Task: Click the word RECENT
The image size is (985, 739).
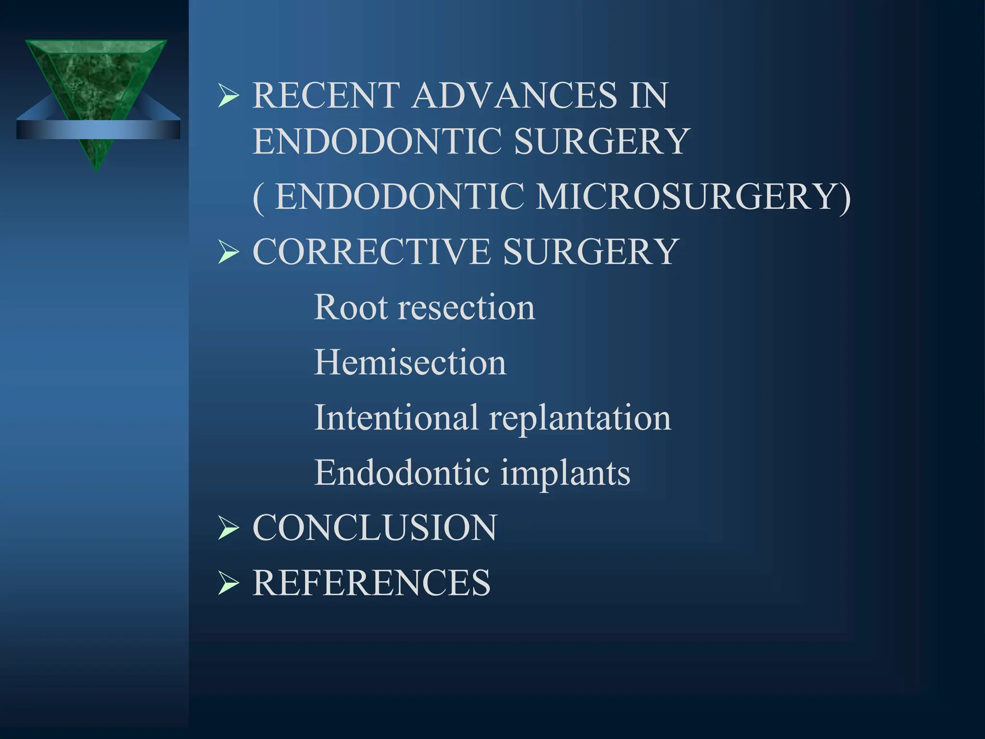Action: point(327,95)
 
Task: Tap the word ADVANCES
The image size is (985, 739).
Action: point(515,95)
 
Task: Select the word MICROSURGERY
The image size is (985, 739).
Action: point(693,197)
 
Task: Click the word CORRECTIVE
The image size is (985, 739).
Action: point(372,252)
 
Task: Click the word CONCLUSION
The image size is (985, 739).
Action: point(375,528)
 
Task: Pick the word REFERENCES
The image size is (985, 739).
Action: point(371,583)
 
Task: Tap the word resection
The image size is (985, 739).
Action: point(466,308)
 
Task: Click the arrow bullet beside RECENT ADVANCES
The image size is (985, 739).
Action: point(228,95)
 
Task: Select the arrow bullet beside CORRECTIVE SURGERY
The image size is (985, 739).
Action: point(228,252)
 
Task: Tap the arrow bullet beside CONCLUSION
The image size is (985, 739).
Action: point(228,528)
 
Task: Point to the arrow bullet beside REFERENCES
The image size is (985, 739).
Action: point(228,583)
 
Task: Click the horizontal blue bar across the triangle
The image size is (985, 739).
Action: point(98,130)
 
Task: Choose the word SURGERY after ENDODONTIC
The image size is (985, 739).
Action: point(602,141)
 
